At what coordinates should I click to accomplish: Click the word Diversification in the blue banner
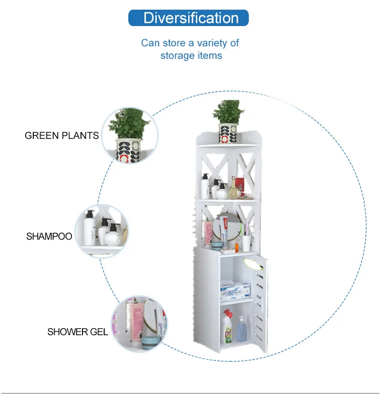tap(191, 18)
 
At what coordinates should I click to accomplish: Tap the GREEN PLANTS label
tap(62, 136)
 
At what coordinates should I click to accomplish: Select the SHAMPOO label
tap(49, 236)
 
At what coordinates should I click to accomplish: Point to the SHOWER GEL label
tap(78, 332)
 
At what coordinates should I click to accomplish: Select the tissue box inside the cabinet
tap(235, 291)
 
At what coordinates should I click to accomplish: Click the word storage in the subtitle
tap(177, 55)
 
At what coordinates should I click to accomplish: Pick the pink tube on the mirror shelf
tap(209, 232)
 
